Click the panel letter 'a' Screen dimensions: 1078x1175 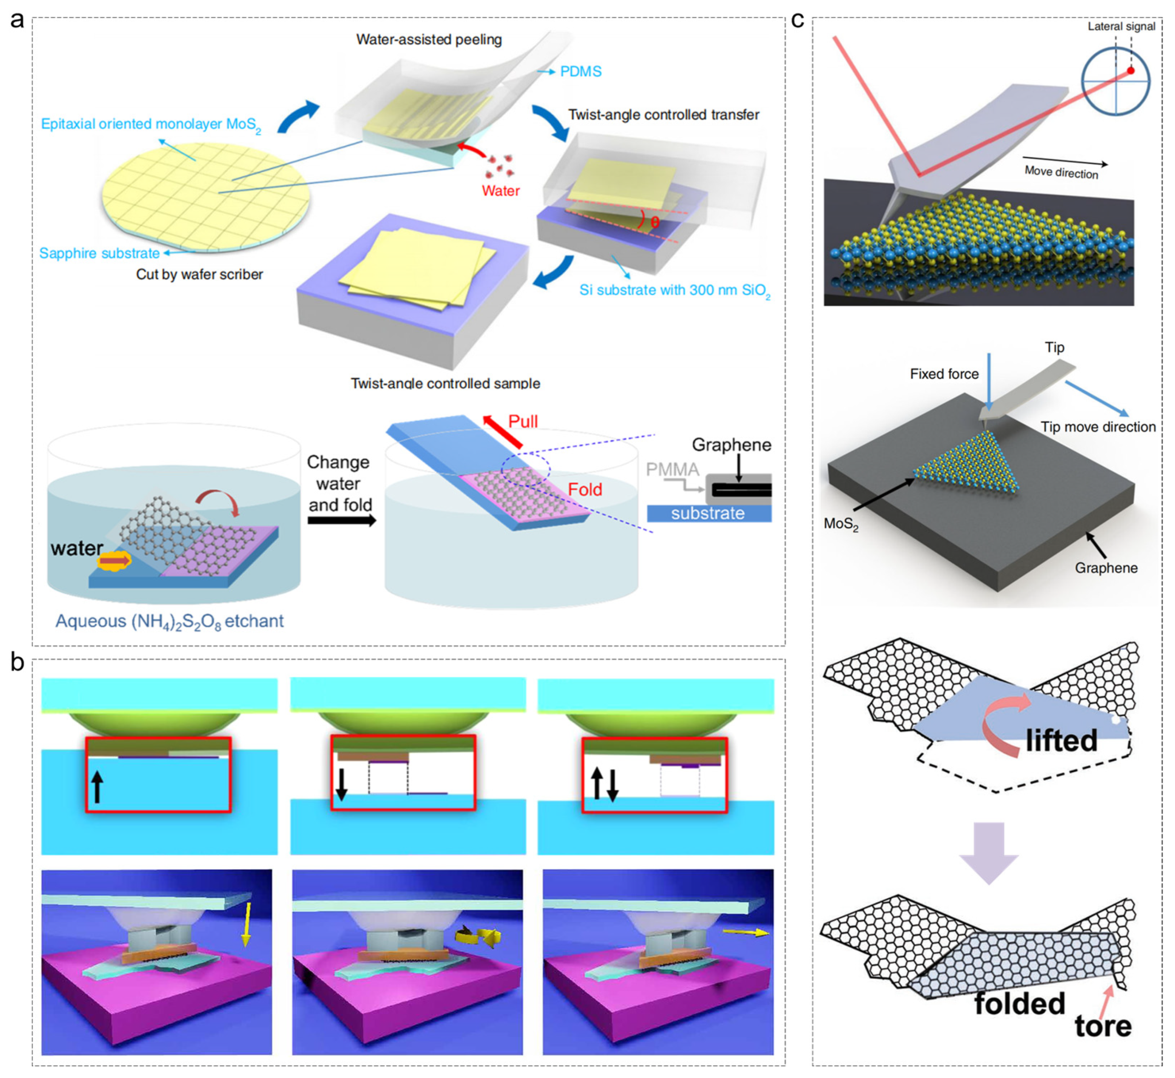coord(17,20)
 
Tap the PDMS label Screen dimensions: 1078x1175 coord(580,72)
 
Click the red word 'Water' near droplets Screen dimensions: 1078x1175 coord(500,191)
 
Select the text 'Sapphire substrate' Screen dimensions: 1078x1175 coord(99,253)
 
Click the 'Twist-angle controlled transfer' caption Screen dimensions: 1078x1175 coord(663,115)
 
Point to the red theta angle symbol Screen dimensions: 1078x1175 coord(654,222)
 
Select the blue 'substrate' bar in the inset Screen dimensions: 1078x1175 coord(709,513)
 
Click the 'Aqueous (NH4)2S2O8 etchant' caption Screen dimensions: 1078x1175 coord(169,621)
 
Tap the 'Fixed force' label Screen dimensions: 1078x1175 coord(944,374)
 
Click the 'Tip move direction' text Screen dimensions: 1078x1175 coord(1098,427)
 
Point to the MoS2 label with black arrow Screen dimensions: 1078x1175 coord(840,524)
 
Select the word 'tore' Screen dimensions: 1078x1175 coord(1103,1026)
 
